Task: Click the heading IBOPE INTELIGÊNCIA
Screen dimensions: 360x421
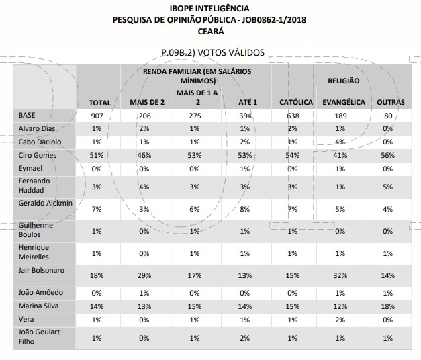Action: (211, 9)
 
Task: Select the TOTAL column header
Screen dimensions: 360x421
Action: (99, 103)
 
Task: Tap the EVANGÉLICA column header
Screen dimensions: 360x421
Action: (343, 103)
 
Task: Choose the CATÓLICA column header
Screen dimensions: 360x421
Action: (296, 103)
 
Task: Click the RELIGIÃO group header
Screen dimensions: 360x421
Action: (343, 81)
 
